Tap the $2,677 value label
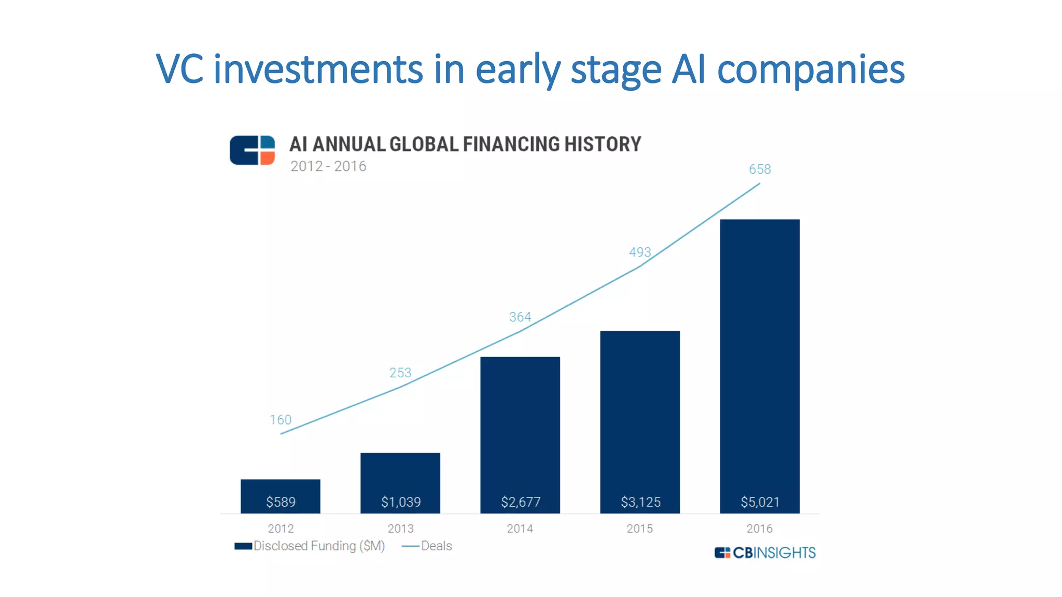click(x=520, y=502)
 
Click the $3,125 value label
click(x=640, y=502)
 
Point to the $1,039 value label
click(x=400, y=502)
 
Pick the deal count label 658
click(x=760, y=169)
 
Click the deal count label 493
click(x=640, y=252)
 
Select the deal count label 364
click(x=520, y=317)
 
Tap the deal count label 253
click(x=400, y=373)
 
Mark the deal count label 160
click(x=281, y=420)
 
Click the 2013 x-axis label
click(x=400, y=529)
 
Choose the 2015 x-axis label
click(x=639, y=529)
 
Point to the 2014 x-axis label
click(x=520, y=529)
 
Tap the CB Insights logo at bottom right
click(x=765, y=553)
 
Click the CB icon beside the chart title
click(x=253, y=150)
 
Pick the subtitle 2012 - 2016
click(x=328, y=166)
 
